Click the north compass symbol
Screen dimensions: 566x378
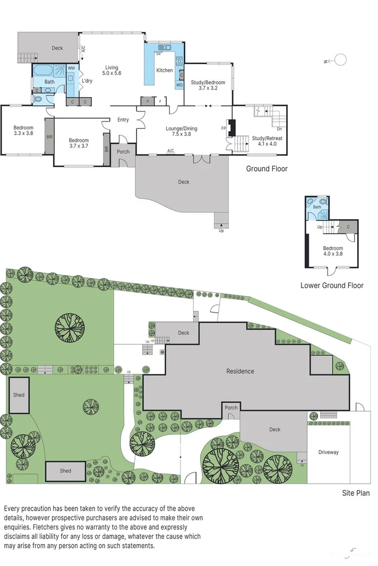339,60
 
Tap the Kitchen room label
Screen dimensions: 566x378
164,71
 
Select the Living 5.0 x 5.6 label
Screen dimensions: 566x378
111,70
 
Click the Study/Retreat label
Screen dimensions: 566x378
267,141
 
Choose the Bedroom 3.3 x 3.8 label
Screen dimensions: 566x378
23,130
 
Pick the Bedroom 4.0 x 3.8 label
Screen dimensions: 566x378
333,251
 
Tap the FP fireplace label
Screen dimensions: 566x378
223,128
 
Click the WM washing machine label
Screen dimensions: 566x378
71,68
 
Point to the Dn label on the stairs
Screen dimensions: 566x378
279,128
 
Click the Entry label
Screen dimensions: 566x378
123,120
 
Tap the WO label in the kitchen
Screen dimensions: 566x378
179,85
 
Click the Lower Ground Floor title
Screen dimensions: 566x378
332,285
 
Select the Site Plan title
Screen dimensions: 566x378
355,493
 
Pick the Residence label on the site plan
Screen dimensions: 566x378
240,371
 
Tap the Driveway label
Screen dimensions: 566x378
328,452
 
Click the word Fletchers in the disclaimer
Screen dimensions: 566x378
47,527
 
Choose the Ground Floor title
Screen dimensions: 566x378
267,169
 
